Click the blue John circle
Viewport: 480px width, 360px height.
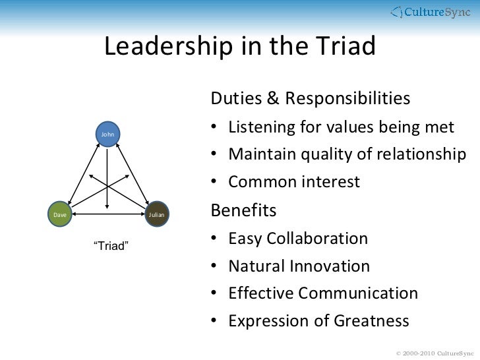(x=108, y=135)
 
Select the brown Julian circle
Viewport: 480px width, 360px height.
(x=156, y=214)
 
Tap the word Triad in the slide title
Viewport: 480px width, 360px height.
(x=344, y=47)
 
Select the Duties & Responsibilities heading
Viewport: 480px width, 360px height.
(x=310, y=99)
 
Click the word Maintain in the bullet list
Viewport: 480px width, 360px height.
(x=261, y=154)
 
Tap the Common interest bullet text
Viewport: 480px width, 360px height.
(x=294, y=182)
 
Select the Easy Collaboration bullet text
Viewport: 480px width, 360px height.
(x=298, y=238)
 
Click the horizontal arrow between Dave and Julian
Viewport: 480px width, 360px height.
(x=108, y=214)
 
